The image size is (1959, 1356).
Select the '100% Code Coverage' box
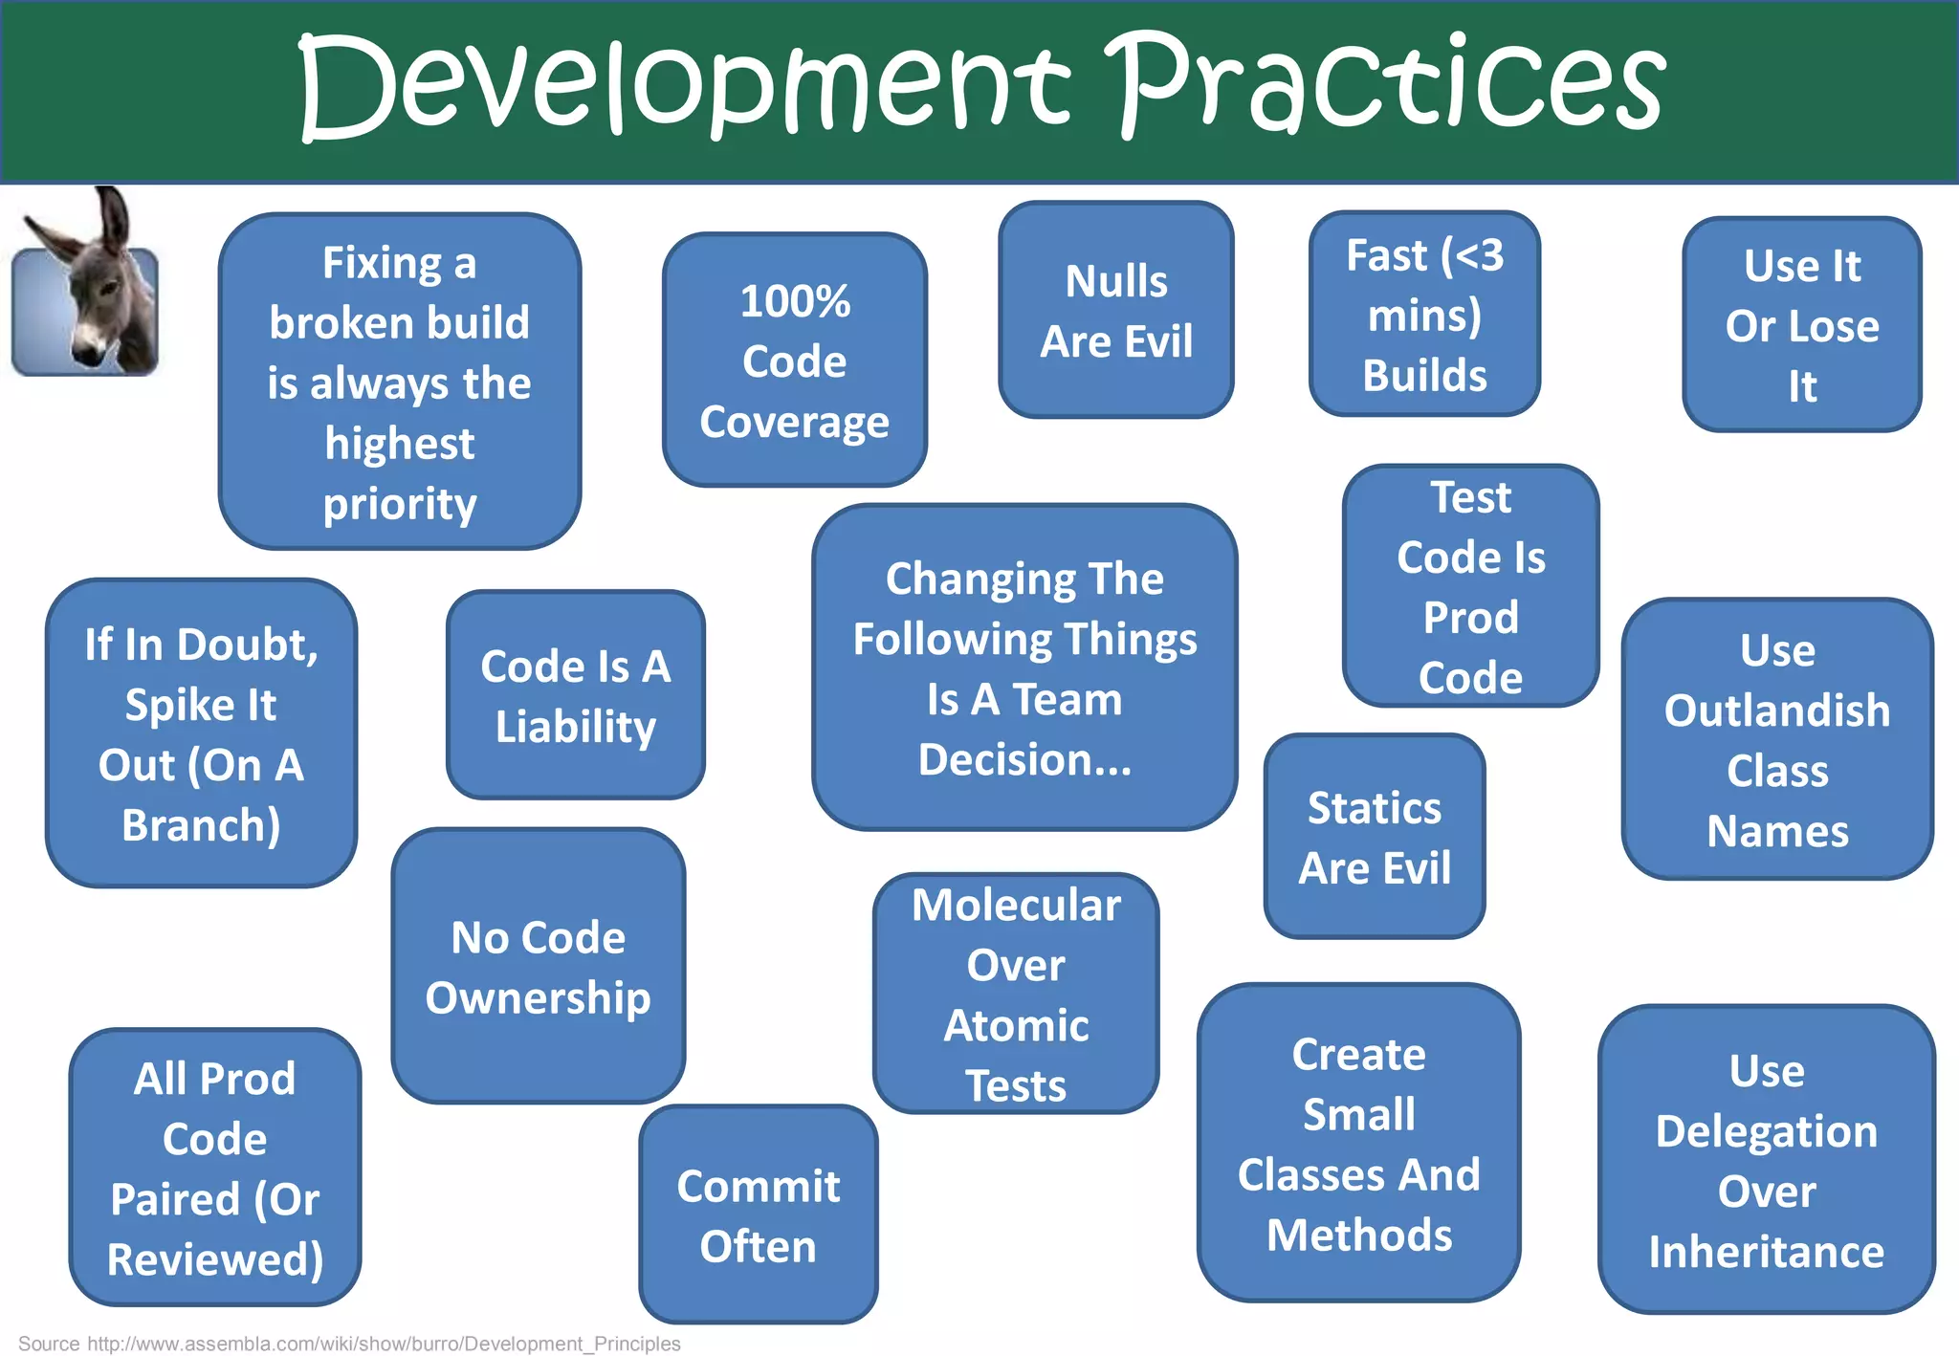[794, 360]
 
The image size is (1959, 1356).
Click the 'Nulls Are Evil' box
[1115, 310]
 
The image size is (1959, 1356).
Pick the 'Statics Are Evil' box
[1374, 837]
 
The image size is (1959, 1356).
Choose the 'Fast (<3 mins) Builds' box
[1424, 314]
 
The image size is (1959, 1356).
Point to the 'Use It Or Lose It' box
[1802, 325]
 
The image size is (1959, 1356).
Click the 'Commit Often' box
[758, 1214]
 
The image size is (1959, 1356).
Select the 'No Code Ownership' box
[539, 966]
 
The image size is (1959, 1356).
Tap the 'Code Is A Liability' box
[575, 695]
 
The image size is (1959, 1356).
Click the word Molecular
[1016, 905]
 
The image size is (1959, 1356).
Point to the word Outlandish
[1777, 711]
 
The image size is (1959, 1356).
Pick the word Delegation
[1767, 1131]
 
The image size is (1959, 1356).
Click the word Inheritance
[1767, 1252]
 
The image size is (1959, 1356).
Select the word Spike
[166, 706]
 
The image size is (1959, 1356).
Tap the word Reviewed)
[215, 1259]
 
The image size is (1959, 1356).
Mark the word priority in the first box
[399, 504]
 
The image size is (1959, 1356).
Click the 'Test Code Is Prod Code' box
[1470, 586]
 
